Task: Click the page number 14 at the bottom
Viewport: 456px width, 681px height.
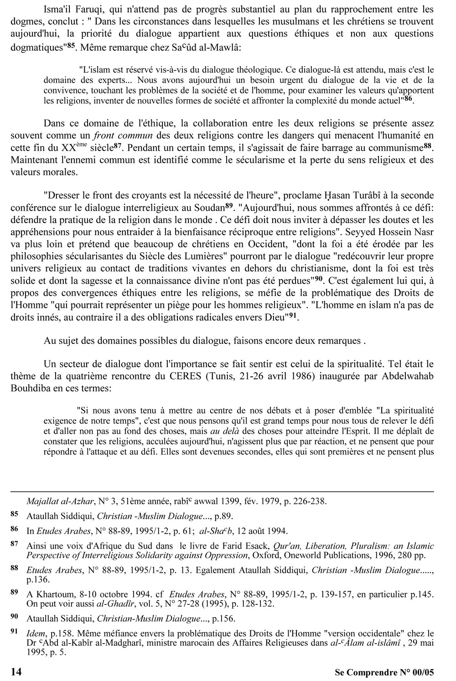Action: pyautogui.click(x=16, y=671)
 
